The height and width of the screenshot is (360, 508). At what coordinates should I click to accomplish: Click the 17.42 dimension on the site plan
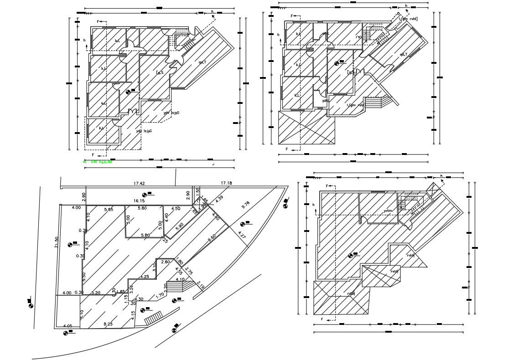point(139,183)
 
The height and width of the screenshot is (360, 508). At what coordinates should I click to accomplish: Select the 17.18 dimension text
point(227,183)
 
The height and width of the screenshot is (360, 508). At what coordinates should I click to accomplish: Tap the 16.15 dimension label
point(139,201)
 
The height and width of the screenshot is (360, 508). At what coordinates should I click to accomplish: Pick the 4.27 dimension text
point(243,236)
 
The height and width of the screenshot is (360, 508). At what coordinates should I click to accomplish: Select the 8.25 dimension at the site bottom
point(108,324)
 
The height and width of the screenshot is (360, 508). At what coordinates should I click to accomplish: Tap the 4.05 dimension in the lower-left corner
point(67,325)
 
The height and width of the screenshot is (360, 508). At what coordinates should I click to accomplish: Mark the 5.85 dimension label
point(108,209)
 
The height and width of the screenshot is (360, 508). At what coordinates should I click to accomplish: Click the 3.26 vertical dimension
point(131,288)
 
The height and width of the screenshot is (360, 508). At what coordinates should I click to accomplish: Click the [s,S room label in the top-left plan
point(160,72)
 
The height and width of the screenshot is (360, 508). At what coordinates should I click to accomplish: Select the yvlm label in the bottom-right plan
point(388,211)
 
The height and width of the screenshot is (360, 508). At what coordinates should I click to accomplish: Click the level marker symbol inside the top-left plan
point(128,92)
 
